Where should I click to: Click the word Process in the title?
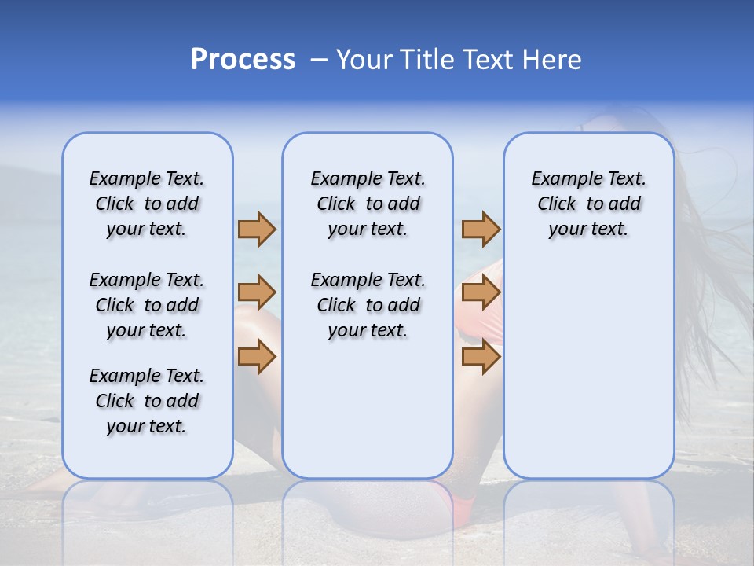tap(243, 59)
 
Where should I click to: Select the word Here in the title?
tap(552, 60)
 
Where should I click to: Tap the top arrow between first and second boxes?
tap(257, 229)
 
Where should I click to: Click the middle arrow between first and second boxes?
tap(257, 292)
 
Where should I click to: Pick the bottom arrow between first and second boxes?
tap(257, 357)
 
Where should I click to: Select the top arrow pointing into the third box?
tap(481, 229)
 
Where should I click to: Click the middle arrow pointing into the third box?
tap(481, 292)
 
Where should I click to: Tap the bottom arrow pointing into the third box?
tap(481, 357)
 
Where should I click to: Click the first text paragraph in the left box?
tap(147, 204)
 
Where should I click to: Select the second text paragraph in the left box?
tap(147, 305)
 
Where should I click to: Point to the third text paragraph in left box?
tap(147, 401)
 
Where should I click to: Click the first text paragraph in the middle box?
tap(368, 204)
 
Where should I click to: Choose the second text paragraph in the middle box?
tap(368, 305)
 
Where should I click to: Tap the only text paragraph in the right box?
tap(588, 204)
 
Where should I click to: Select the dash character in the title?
tap(319, 60)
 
